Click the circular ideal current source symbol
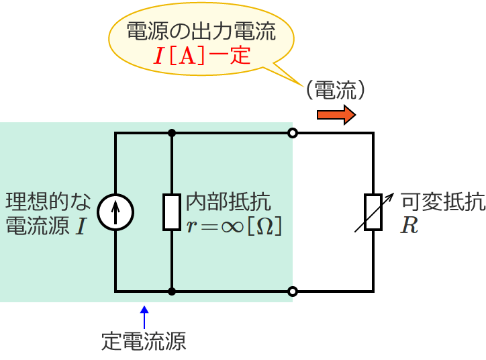click(x=115, y=212)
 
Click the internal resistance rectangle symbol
click(x=173, y=212)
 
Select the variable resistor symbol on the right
click(x=373, y=212)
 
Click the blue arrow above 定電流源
click(x=144, y=317)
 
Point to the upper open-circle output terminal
click(x=292, y=134)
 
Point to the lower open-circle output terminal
click(x=292, y=291)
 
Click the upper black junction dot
click(x=173, y=134)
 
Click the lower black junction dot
click(x=173, y=291)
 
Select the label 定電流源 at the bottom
click(x=143, y=342)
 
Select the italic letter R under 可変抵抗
click(x=409, y=226)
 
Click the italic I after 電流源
click(x=81, y=226)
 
